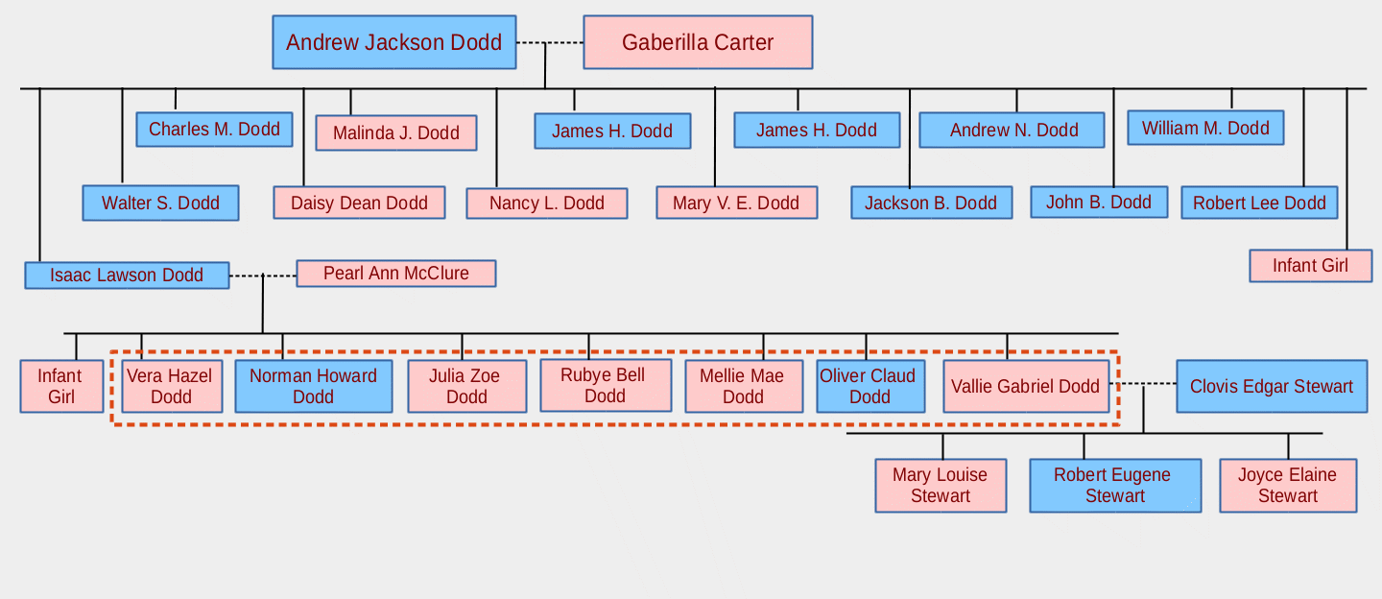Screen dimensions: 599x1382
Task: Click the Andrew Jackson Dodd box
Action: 393,42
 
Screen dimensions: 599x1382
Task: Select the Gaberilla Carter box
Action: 698,42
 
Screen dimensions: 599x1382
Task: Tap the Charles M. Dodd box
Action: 214,130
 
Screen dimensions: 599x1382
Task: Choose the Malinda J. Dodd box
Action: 395,133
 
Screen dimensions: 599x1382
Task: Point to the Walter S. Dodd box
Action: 160,204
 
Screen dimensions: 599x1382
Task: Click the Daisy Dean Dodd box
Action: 359,204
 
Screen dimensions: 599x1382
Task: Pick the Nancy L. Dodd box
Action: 546,204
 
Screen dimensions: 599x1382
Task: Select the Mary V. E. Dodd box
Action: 736,204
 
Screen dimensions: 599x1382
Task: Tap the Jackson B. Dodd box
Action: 931,204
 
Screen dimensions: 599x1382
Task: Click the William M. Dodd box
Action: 1205,129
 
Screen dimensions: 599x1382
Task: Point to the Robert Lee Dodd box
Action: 1259,204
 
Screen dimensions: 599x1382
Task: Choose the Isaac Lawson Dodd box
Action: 127,276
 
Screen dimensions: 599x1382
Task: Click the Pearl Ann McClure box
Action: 395,274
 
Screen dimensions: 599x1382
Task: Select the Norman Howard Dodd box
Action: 313,386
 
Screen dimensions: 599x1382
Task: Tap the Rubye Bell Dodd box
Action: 605,385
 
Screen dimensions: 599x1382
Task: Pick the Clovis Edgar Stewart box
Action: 1272,387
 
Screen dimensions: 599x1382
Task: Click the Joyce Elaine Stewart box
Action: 1288,486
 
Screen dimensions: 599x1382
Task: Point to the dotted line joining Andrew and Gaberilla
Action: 549,42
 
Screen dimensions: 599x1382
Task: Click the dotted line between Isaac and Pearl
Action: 262,276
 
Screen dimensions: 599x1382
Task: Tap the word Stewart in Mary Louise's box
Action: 941,496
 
